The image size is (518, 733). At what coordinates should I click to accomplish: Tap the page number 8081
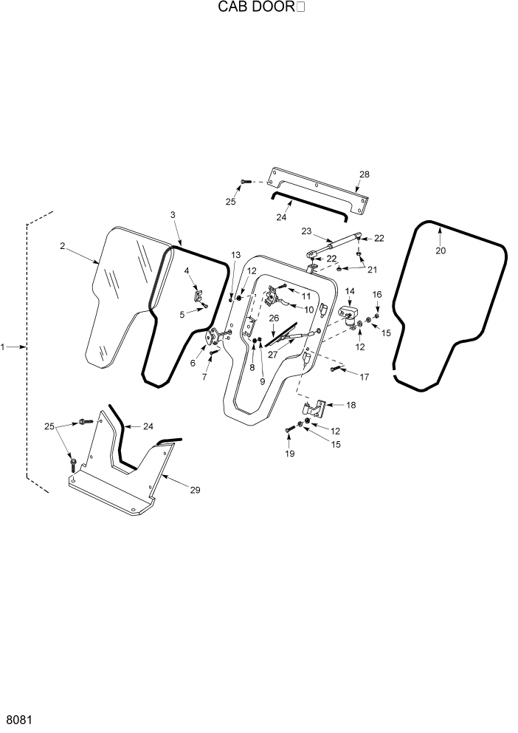(x=18, y=719)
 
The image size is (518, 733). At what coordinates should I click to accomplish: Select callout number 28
(x=364, y=174)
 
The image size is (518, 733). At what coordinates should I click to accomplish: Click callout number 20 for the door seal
(x=441, y=250)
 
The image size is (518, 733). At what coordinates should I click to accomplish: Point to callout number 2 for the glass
(x=63, y=245)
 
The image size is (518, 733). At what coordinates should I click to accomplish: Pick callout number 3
(x=172, y=214)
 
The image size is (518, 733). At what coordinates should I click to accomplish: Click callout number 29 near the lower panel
(x=196, y=489)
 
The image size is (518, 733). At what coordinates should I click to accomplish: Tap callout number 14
(x=350, y=291)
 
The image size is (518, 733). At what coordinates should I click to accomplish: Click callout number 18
(x=350, y=405)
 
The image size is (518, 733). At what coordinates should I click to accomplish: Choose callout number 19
(x=289, y=454)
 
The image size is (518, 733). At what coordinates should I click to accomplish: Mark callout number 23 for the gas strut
(x=307, y=231)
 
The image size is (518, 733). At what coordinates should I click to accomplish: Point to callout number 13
(x=235, y=255)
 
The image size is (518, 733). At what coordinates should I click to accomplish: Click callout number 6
(x=194, y=363)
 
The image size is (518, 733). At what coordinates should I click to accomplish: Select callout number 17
(x=364, y=377)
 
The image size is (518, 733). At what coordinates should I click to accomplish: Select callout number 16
(x=377, y=294)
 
